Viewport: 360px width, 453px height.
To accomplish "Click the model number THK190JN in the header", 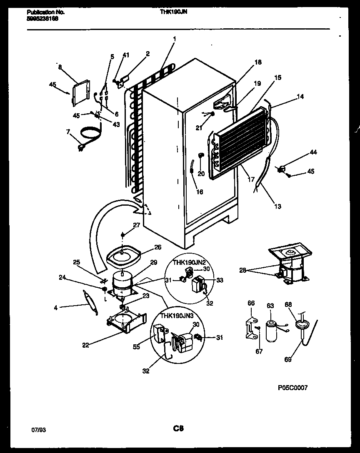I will (x=174, y=12).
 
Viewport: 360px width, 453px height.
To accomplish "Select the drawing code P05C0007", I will (x=292, y=388).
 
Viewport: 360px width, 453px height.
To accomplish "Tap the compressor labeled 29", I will (x=122, y=284).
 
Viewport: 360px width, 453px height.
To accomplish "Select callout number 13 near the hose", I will (x=277, y=206).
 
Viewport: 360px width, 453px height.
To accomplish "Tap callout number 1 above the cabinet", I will (x=174, y=39).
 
